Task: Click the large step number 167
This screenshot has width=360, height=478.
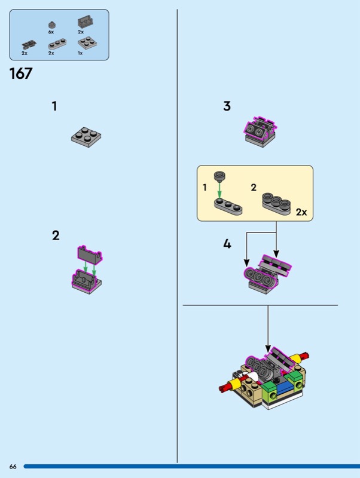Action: coord(21,73)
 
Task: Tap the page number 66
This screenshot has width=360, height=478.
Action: coord(13,467)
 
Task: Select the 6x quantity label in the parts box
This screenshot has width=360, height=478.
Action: coord(51,32)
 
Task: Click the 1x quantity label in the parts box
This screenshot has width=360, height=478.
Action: coord(80,53)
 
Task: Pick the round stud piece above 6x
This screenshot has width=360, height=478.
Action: coord(52,25)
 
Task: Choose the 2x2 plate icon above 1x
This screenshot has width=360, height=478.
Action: coord(87,43)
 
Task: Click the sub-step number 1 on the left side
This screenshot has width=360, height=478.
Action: coord(54,106)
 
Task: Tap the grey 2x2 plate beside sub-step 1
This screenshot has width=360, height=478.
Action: coord(86,137)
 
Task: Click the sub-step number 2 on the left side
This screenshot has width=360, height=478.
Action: coord(56,235)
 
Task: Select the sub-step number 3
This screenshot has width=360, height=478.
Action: coord(227,106)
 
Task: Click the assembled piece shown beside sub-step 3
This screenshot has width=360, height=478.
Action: coord(260,131)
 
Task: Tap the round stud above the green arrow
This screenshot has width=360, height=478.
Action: coord(219,176)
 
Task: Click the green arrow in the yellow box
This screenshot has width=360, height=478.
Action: coord(219,189)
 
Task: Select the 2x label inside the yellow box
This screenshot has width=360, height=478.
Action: coord(301,212)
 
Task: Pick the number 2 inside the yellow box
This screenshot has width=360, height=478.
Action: coord(254,187)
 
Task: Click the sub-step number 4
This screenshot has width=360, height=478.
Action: coord(227,244)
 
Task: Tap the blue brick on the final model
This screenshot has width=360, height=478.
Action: coord(283,388)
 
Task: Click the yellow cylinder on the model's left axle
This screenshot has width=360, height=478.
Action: coord(236,384)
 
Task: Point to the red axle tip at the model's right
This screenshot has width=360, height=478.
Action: coord(305,356)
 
